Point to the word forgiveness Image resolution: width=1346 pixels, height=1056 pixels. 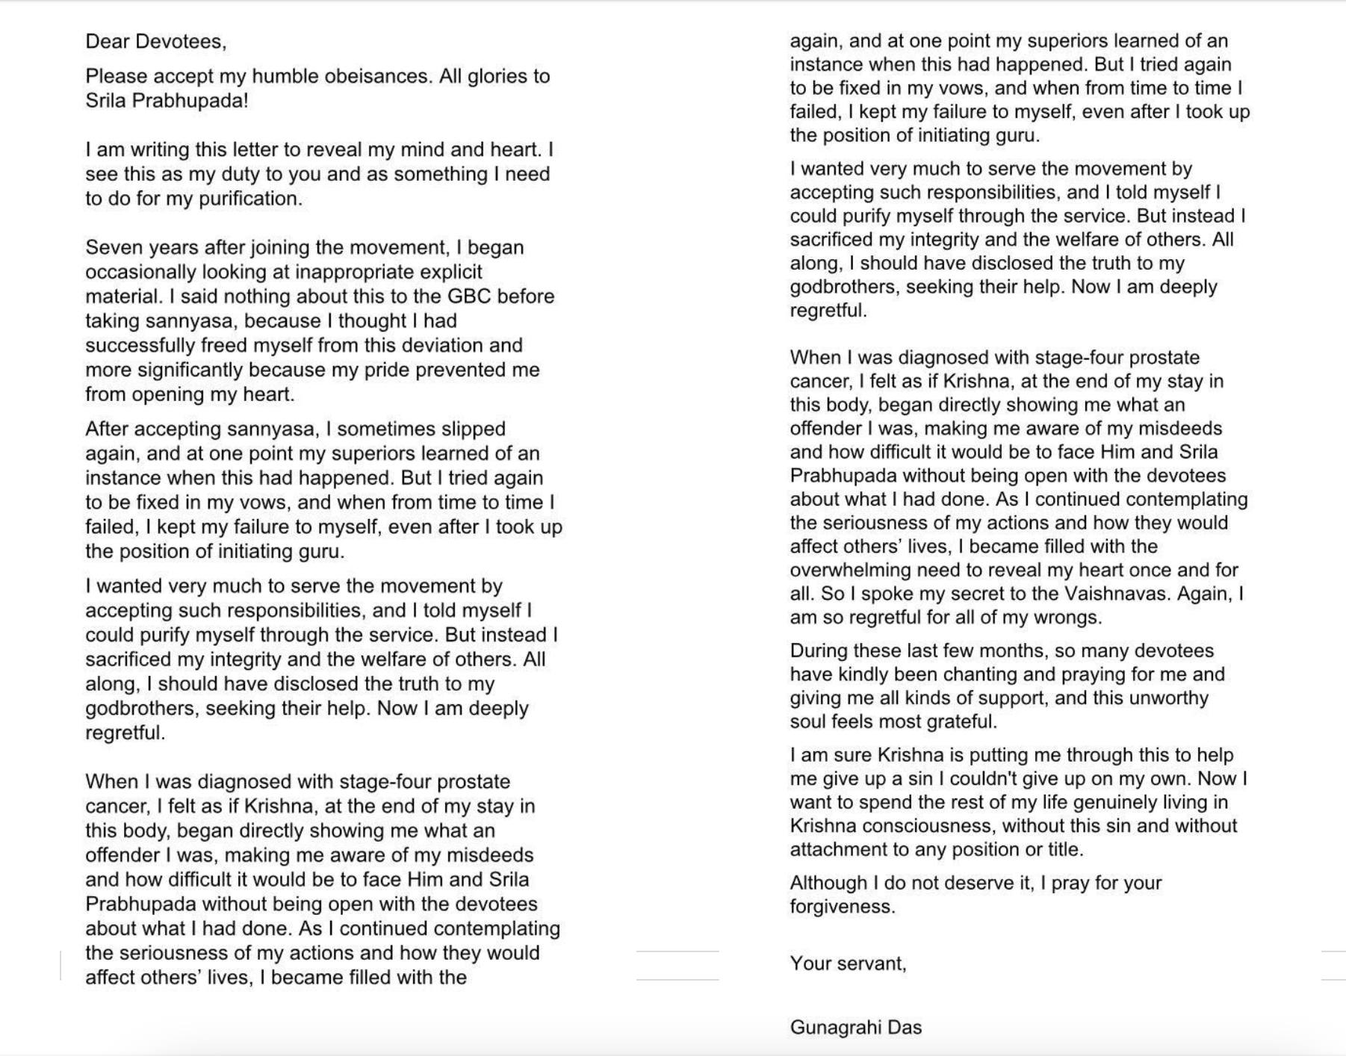point(842,907)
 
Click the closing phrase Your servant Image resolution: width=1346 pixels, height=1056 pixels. point(848,963)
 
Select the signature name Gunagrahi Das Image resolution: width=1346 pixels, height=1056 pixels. point(855,1028)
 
